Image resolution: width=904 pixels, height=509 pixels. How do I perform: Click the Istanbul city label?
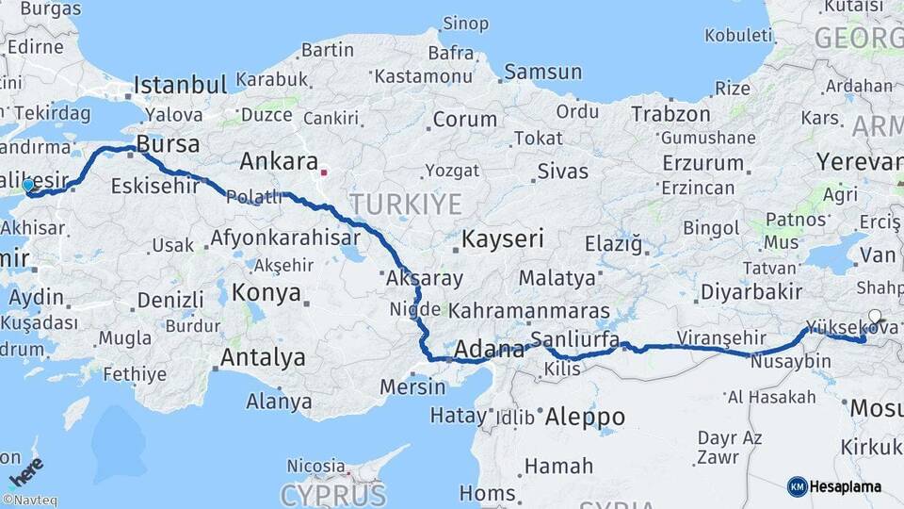click(x=180, y=85)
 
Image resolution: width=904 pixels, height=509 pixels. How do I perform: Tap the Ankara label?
click(x=278, y=161)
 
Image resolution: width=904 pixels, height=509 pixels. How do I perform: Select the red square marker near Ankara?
click(x=324, y=172)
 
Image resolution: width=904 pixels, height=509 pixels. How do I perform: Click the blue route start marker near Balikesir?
click(x=28, y=186)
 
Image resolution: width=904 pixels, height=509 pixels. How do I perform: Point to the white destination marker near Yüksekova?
click(x=875, y=317)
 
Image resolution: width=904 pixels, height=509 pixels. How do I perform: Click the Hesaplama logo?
click(x=834, y=486)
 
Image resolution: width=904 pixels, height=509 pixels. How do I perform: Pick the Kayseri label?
click(x=503, y=238)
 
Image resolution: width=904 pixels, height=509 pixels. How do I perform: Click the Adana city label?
click(x=489, y=351)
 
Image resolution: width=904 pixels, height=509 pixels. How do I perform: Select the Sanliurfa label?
click(x=574, y=339)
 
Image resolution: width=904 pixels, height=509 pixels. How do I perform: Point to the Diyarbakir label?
click(x=738, y=291)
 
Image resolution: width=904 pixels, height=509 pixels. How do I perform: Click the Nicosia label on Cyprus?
click(x=315, y=466)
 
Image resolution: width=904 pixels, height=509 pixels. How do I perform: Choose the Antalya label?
click(x=263, y=357)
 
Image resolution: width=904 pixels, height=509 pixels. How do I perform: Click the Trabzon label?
click(x=670, y=114)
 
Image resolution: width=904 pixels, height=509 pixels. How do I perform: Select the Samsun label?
click(x=542, y=72)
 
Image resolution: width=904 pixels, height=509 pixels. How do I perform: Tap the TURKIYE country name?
click(x=406, y=204)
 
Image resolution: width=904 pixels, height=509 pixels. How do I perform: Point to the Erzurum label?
click(x=703, y=162)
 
